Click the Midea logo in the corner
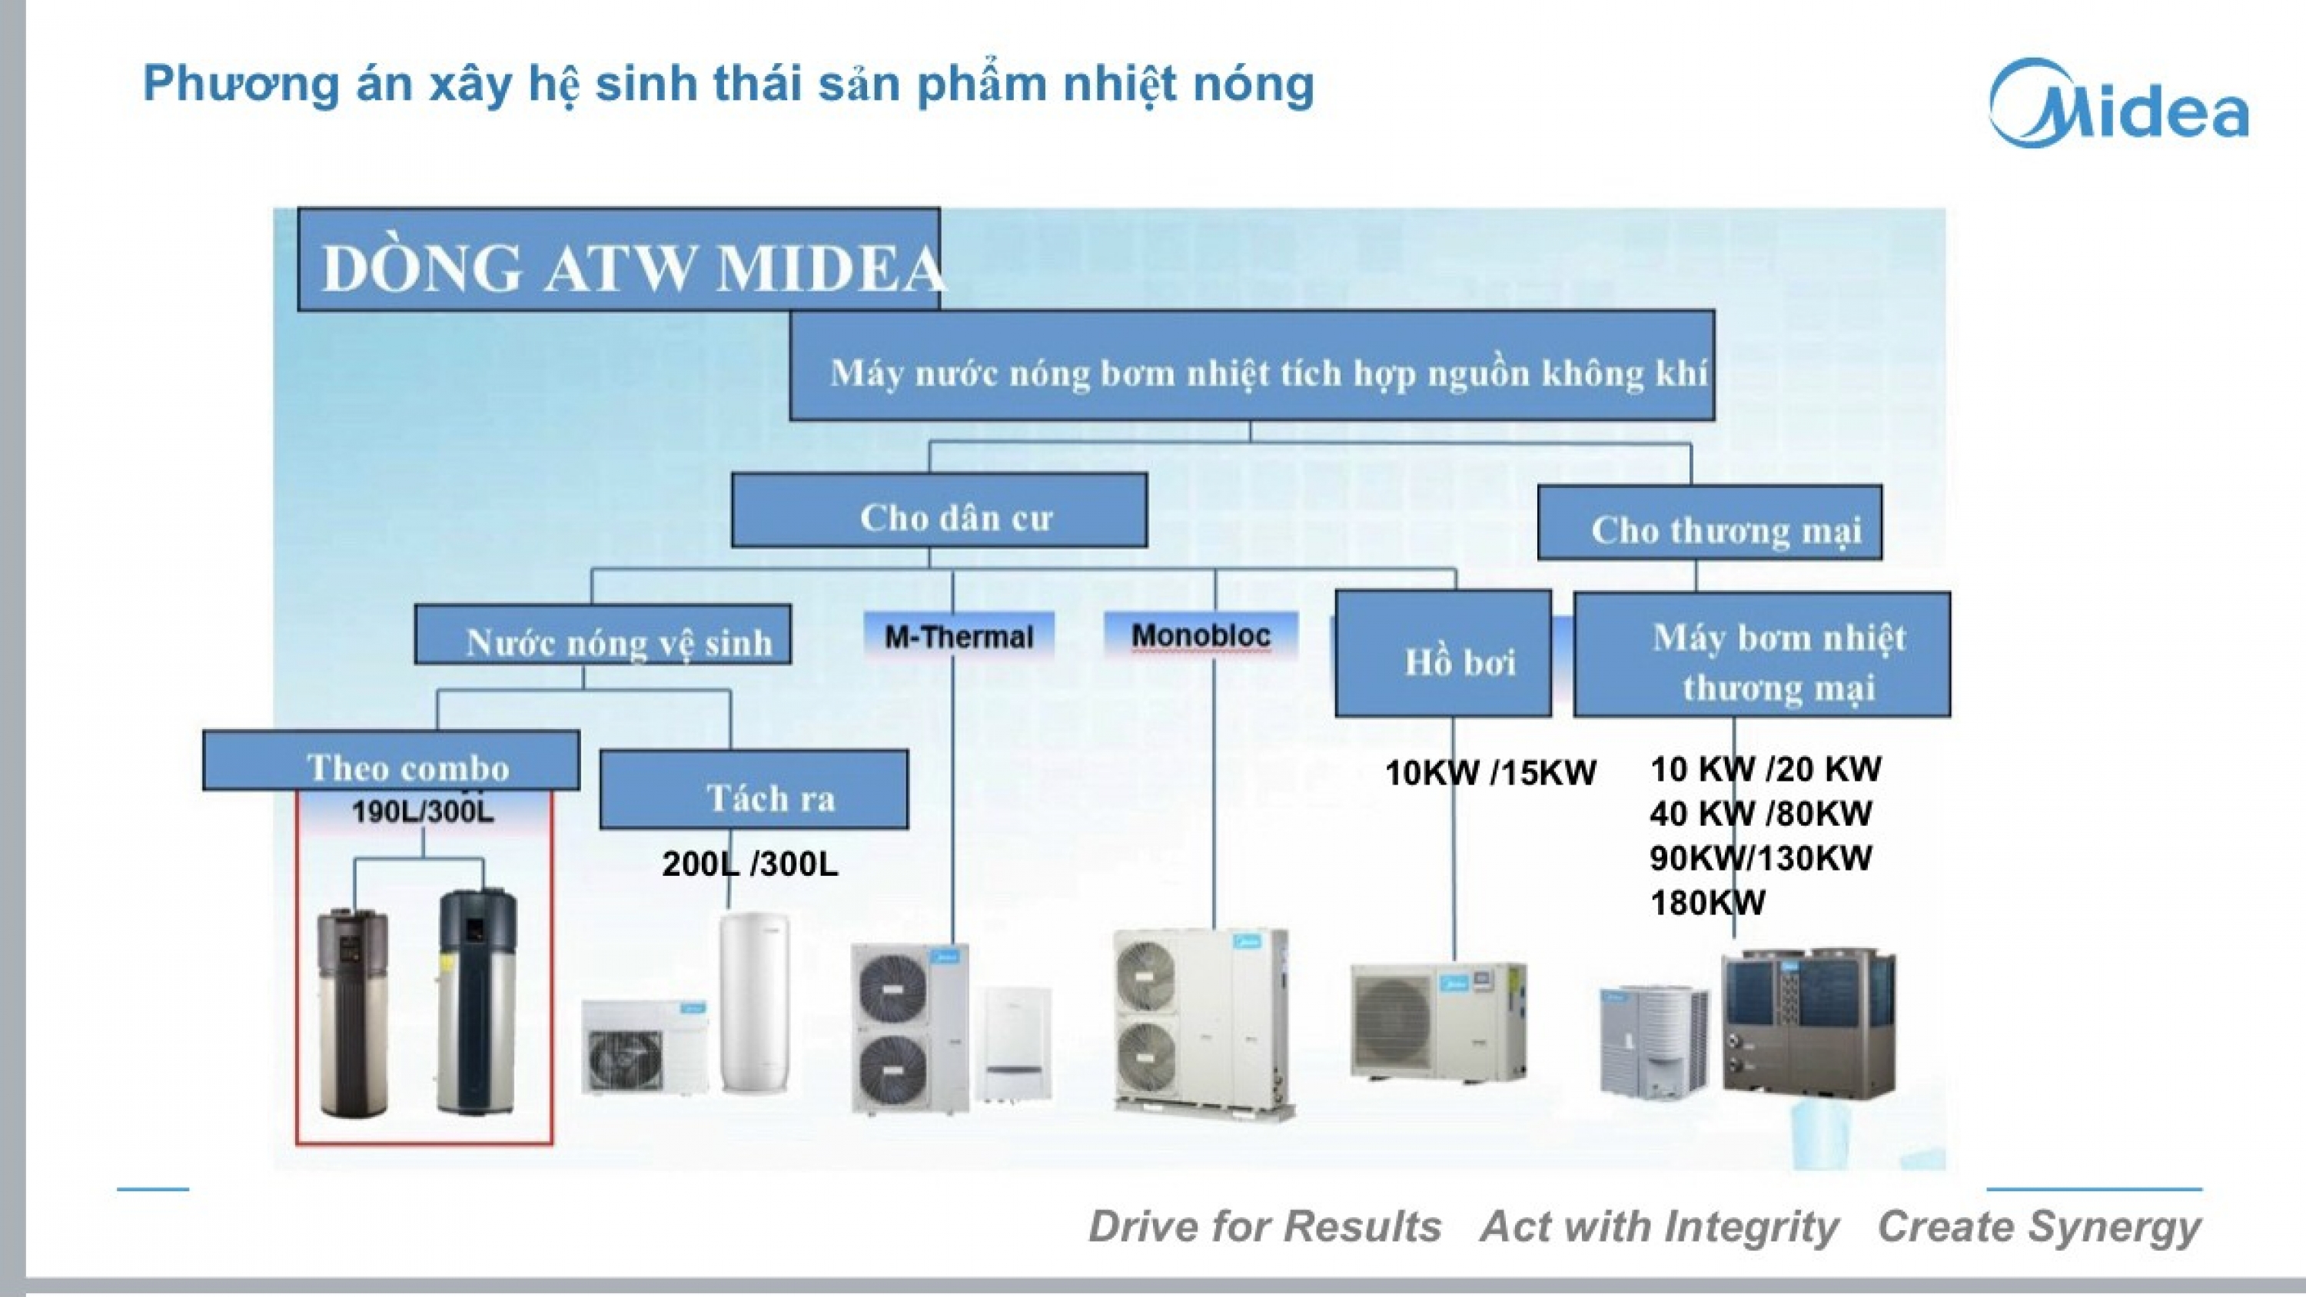(x=2118, y=104)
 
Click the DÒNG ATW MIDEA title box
(x=620, y=260)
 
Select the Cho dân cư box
(x=939, y=511)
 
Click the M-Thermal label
(x=959, y=636)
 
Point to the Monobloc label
(x=1201, y=635)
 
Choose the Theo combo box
(x=391, y=761)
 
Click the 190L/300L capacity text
(x=422, y=812)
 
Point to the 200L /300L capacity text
(x=750, y=864)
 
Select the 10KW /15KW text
(x=1490, y=772)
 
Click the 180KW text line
(x=1707, y=902)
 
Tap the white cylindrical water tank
(x=754, y=1003)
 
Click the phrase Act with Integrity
(x=1659, y=1226)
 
